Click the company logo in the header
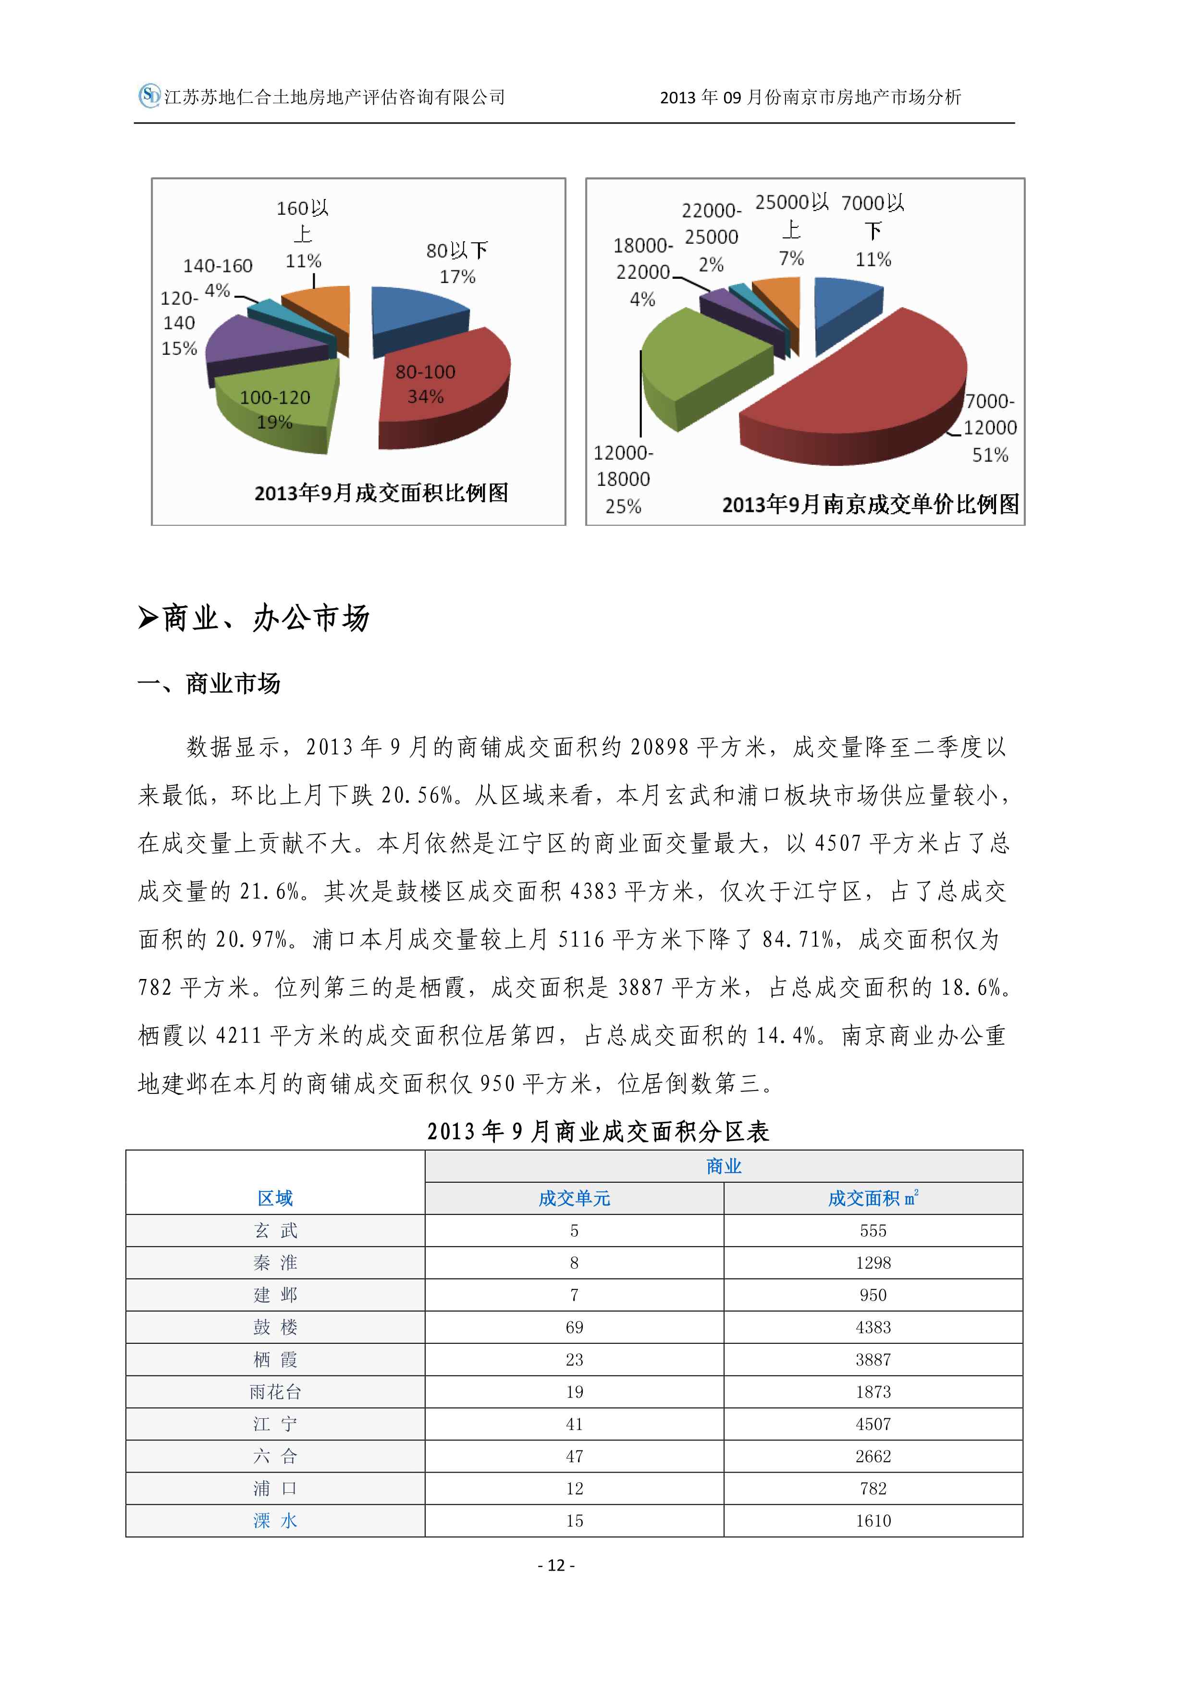(x=149, y=96)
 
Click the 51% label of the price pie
(x=990, y=455)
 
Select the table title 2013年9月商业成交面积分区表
(x=598, y=1131)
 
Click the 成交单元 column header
(x=574, y=1198)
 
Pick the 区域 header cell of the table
(x=275, y=1198)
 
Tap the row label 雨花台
(x=275, y=1391)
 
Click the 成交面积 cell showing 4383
(x=872, y=1327)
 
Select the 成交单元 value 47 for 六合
(x=574, y=1456)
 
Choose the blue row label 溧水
(x=275, y=1521)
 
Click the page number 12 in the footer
(x=556, y=1565)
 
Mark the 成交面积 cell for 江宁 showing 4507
(x=872, y=1424)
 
